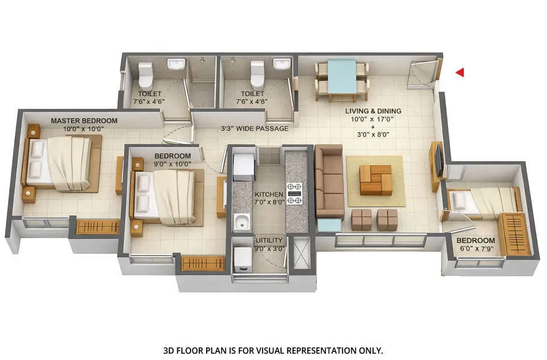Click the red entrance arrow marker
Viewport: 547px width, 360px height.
click(x=460, y=73)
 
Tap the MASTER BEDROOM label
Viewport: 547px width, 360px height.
click(x=84, y=121)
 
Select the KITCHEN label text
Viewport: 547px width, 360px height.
click(x=269, y=195)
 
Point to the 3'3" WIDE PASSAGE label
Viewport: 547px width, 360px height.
click(x=254, y=128)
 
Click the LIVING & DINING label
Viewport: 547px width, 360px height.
click(x=373, y=111)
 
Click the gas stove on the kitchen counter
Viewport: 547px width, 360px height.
click(x=295, y=194)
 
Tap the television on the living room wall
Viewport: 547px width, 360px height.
click(x=439, y=161)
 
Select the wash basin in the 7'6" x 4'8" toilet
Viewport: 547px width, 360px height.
click(x=282, y=63)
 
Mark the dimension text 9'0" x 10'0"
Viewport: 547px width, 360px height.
click(x=172, y=164)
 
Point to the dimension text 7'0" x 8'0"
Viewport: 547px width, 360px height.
click(x=269, y=202)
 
